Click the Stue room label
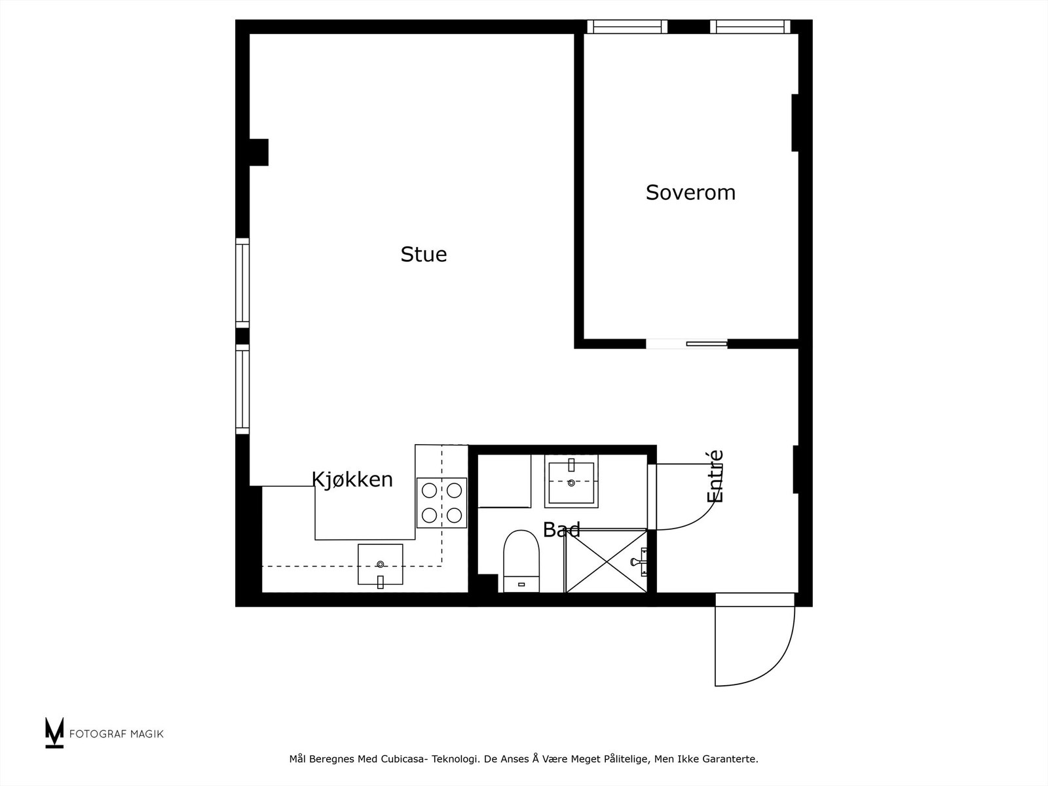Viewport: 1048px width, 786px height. (x=424, y=254)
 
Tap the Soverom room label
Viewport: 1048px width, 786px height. (x=690, y=193)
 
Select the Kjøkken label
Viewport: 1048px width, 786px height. (x=352, y=479)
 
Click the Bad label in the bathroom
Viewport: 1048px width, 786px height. (x=561, y=529)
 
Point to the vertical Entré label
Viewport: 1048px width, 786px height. (x=715, y=476)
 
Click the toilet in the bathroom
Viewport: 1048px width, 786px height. (x=521, y=560)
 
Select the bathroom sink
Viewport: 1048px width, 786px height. (x=571, y=481)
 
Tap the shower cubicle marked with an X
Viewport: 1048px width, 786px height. (x=606, y=561)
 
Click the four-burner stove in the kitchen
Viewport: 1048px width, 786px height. (x=442, y=503)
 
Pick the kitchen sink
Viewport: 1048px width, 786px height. (x=380, y=565)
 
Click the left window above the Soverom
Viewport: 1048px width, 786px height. (x=627, y=27)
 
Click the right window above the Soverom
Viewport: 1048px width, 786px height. (x=750, y=27)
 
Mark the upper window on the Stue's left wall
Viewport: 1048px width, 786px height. (x=242, y=283)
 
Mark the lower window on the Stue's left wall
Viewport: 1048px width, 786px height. (x=242, y=390)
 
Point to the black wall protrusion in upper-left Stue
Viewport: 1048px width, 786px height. (x=259, y=152)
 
